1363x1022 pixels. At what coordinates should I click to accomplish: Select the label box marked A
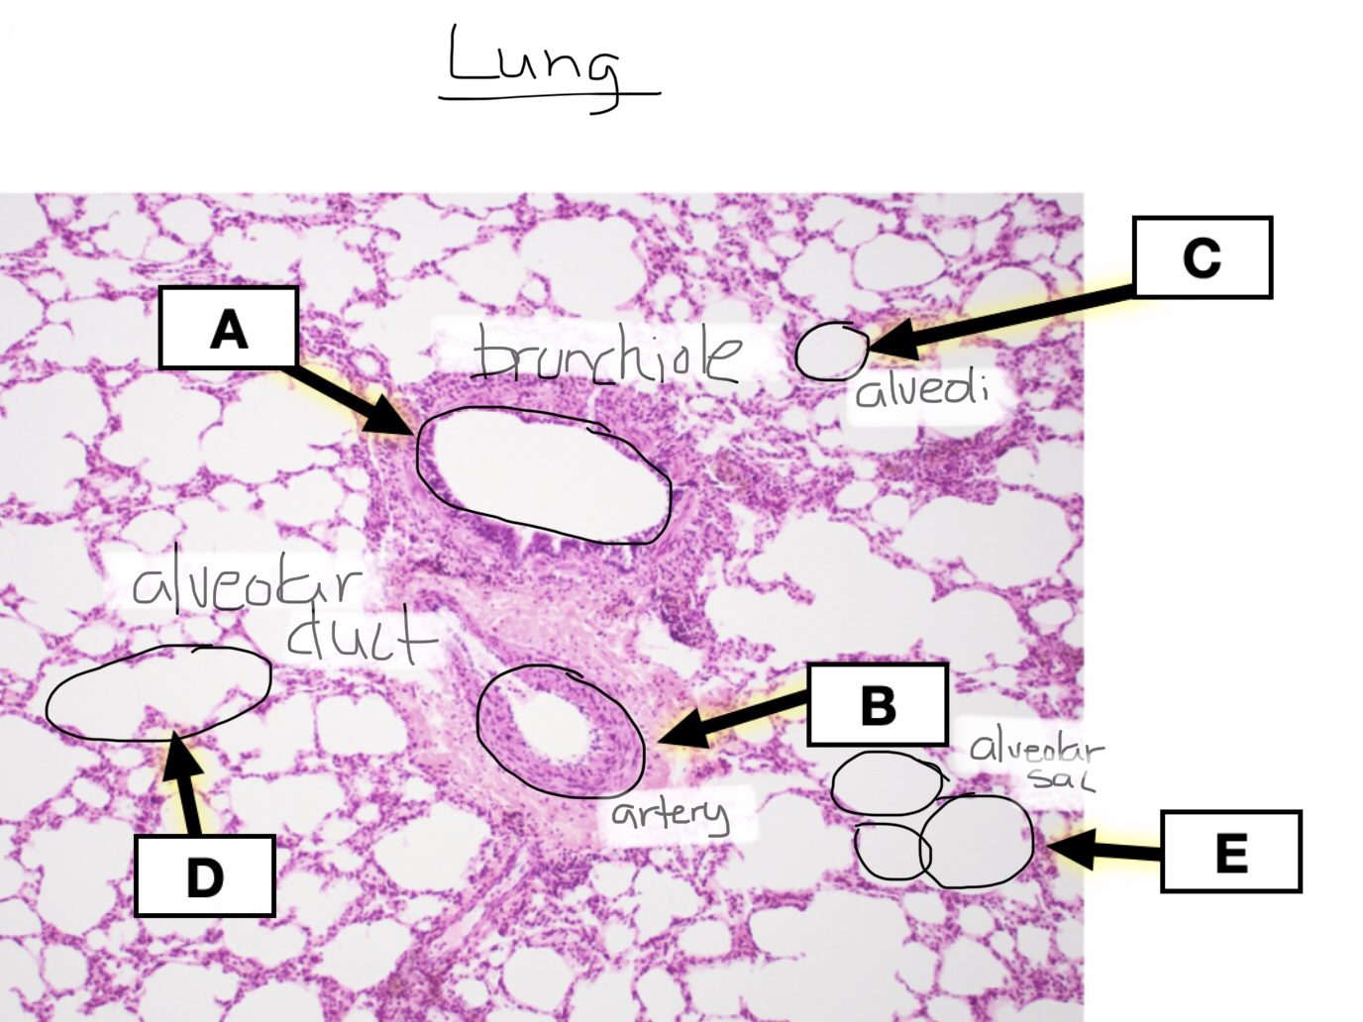(x=229, y=328)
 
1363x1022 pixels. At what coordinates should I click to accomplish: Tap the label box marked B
(x=878, y=704)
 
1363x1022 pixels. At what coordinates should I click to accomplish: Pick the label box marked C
(x=1202, y=257)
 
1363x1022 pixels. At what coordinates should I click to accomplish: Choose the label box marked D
(x=205, y=875)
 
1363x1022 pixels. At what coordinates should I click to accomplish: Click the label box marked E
(x=1230, y=852)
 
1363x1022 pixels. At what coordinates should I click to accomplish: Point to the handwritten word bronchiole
(x=606, y=356)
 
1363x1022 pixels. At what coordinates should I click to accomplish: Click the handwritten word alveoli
(x=921, y=389)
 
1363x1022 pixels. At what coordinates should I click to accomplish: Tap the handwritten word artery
(x=670, y=814)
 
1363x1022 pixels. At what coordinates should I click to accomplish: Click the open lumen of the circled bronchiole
(x=543, y=473)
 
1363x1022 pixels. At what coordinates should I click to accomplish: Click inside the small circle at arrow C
(x=830, y=354)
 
